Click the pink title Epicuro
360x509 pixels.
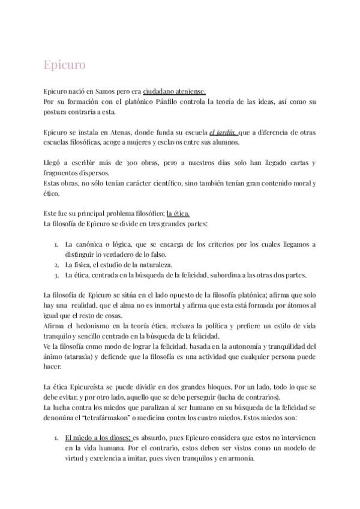65,64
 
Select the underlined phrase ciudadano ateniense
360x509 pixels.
175,92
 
